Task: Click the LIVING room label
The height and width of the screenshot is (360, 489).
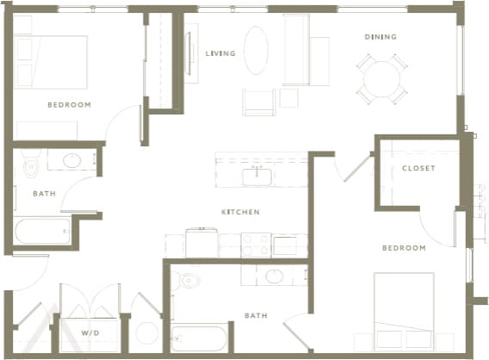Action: tap(220, 53)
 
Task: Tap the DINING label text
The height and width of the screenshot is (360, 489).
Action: tap(380, 37)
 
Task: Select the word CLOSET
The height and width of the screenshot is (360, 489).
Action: tap(418, 168)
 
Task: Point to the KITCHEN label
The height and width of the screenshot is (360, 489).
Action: tap(240, 212)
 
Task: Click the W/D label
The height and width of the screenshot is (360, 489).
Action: tap(90, 332)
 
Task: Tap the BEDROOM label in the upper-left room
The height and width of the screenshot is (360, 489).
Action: tap(69, 104)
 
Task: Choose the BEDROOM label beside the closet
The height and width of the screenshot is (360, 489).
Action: tap(404, 248)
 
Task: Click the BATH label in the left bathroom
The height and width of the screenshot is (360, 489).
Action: tap(44, 194)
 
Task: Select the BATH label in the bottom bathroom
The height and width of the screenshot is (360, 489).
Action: tap(255, 316)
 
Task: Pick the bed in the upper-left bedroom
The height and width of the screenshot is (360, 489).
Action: tap(52, 62)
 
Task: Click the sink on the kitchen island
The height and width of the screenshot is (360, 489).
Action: tap(257, 177)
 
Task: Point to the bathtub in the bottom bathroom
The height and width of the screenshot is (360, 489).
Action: tap(199, 338)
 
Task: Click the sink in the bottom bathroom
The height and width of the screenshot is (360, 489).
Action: tap(275, 276)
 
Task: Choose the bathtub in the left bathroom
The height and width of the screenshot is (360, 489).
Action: tap(42, 230)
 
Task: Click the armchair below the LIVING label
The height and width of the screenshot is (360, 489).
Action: tap(258, 102)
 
